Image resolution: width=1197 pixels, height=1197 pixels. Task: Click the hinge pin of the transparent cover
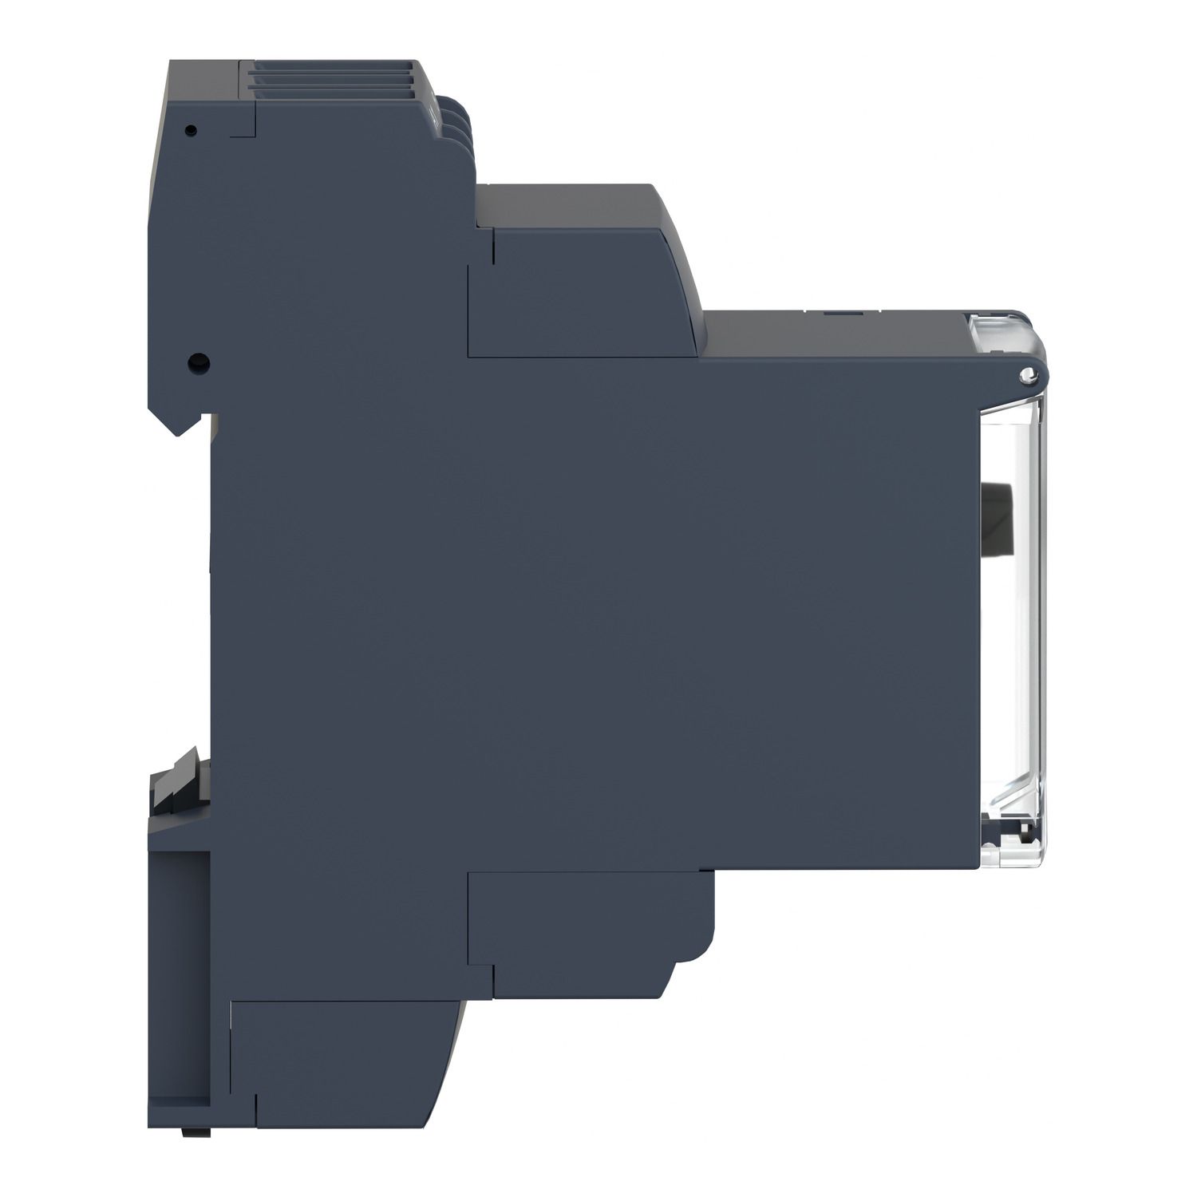pyautogui.click(x=1029, y=374)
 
